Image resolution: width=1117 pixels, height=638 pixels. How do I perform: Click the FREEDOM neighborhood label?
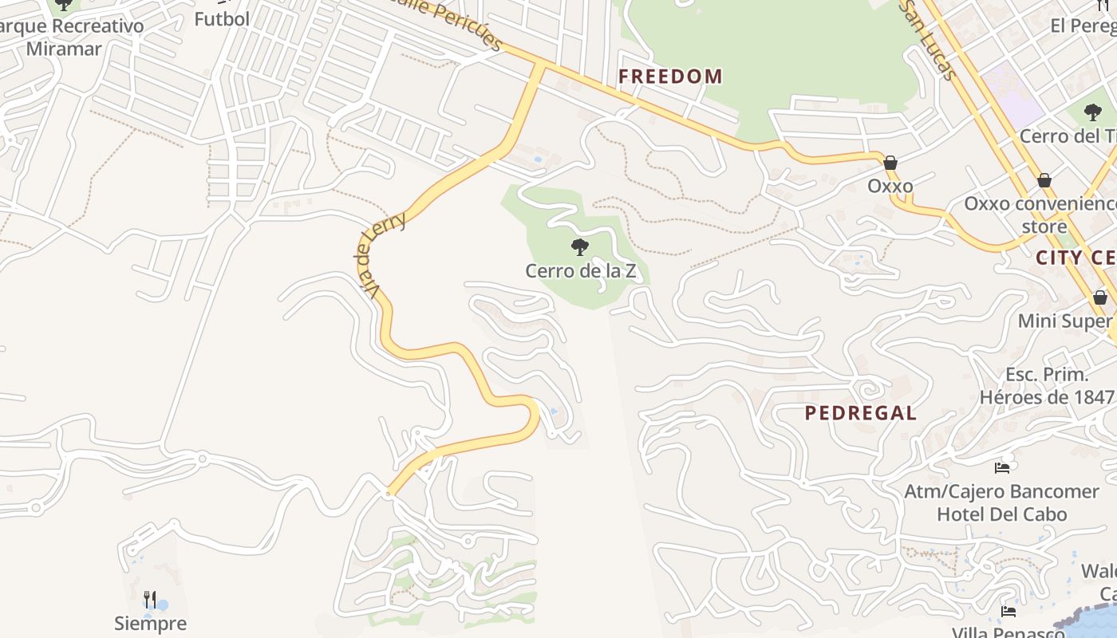click(670, 77)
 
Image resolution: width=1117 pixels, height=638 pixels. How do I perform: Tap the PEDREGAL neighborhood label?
click(860, 413)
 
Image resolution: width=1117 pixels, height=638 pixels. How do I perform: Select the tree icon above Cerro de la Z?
click(580, 246)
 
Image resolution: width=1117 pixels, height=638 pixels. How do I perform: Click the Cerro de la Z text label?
click(580, 271)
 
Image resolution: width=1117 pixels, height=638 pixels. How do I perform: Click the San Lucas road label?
click(927, 40)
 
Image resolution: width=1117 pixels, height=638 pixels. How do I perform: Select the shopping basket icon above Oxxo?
click(890, 163)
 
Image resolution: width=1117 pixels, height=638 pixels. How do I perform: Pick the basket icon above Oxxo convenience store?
click(1044, 180)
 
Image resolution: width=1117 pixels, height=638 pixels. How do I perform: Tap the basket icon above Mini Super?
click(1100, 297)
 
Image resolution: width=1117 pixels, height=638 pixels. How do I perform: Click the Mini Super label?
click(1064, 321)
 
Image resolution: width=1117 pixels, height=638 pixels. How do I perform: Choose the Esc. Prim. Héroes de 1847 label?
click(1046, 386)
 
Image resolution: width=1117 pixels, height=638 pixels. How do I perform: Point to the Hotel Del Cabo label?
click(1001, 514)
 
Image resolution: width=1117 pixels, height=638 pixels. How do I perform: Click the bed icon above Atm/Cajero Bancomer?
click(1002, 468)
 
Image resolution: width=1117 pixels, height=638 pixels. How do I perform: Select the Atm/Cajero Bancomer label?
click(1001, 491)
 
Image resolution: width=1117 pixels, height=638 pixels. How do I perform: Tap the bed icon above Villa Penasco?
click(1008, 612)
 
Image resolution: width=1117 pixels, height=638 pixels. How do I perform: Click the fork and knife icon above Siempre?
click(150, 599)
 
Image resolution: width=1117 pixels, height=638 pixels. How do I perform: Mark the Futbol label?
click(222, 19)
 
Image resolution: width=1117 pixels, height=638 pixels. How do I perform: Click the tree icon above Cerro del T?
click(1092, 112)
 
